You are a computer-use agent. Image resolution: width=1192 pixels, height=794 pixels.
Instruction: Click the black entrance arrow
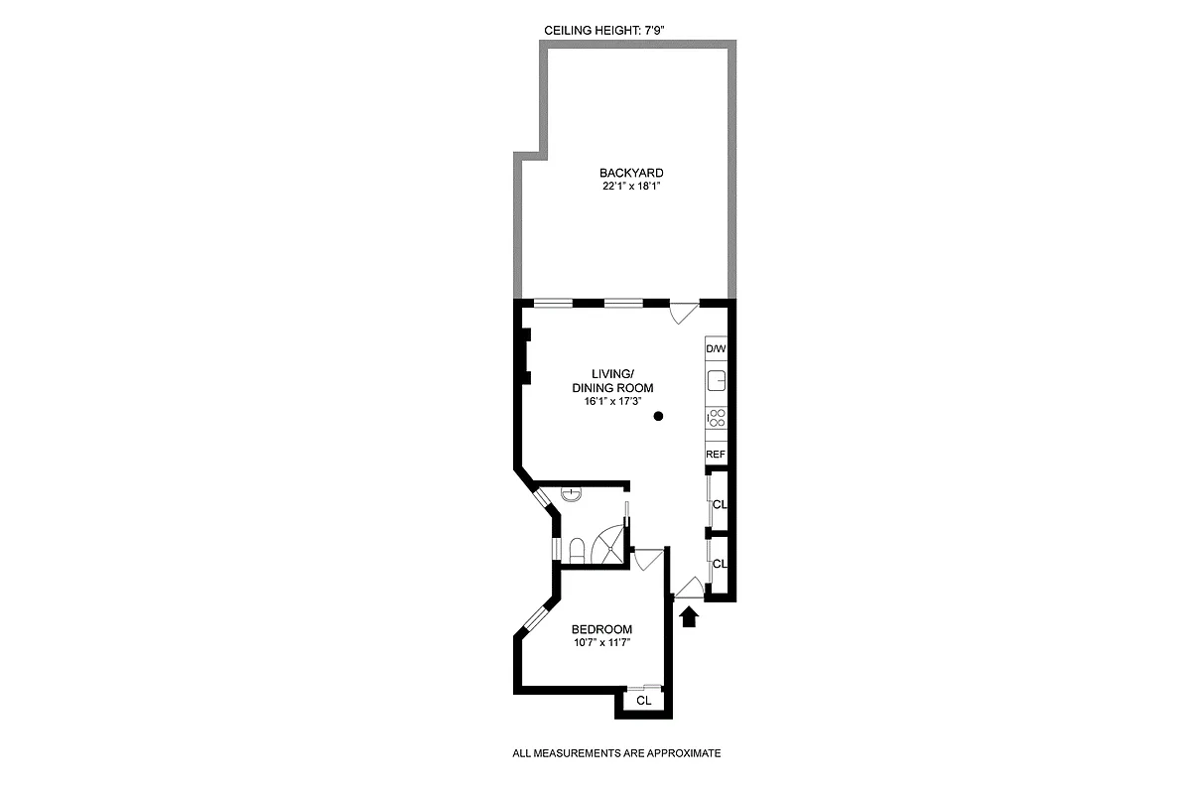(x=690, y=617)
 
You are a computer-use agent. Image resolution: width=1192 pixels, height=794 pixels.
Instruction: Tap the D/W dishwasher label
(x=716, y=349)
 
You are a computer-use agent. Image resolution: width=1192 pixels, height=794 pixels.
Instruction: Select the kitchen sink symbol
(x=717, y=382)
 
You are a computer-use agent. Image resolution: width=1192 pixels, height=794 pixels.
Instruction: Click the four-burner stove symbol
(x=717, y=419)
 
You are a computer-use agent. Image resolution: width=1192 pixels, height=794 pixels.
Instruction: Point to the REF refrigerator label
(x=716, y=454)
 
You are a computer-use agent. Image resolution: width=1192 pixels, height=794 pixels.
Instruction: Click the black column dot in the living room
(x=658, y=418)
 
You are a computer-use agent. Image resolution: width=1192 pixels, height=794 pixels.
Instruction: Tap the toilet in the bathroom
(x=577, y=550)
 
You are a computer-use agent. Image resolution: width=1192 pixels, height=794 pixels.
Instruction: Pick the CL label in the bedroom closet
(x=643, y=701)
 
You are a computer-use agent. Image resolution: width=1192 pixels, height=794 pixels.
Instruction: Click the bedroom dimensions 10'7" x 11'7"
(x=602, y=643)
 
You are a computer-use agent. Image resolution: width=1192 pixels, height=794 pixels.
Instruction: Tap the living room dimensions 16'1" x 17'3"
(x=612, y=401)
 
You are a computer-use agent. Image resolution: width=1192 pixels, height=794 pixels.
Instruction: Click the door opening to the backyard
(x=683, y=311)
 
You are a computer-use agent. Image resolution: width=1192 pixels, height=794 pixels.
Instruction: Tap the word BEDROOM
(x=601, y=629)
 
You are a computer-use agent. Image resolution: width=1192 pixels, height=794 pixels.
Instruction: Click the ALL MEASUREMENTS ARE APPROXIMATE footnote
(x=616, y=754)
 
